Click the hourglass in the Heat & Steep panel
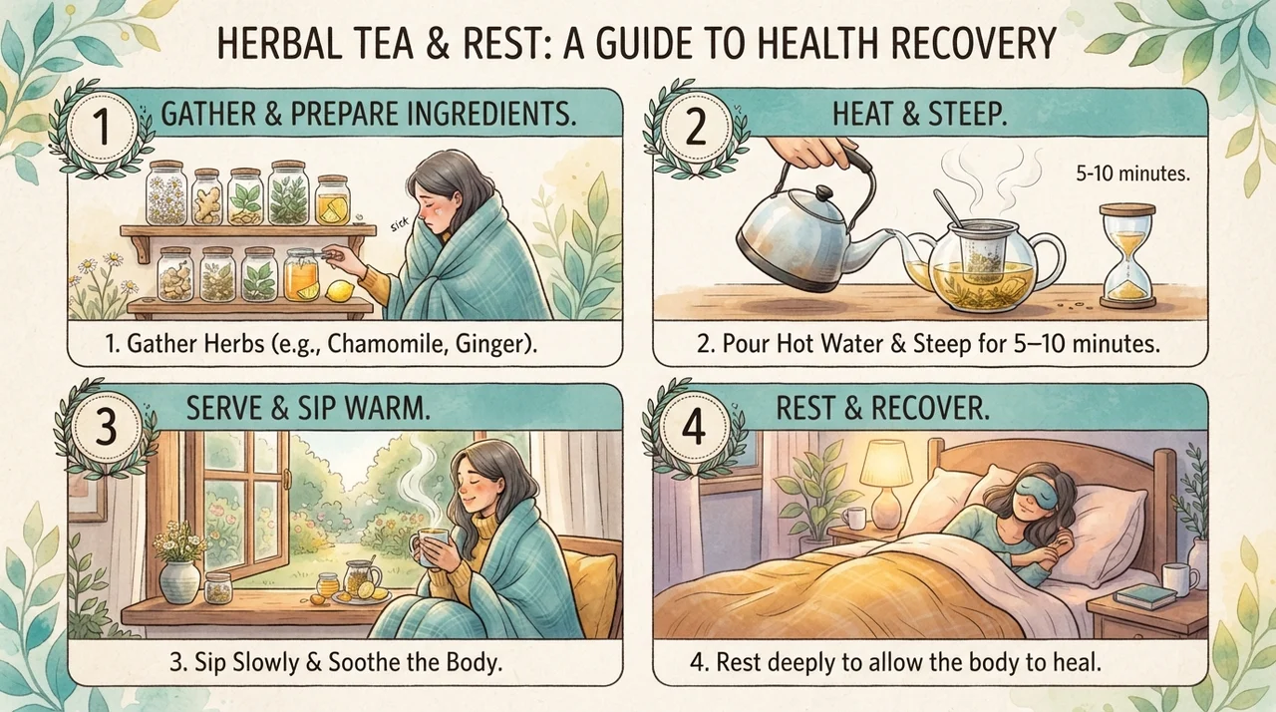(1127, 255)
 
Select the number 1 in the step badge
(103, 128)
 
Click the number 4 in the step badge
(693, 426)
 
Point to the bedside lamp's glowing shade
(889, 465)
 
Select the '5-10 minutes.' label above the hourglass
(1133, 174)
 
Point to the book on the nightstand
(1145, 596)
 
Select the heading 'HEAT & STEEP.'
(919, 115)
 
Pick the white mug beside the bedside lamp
(853, 518)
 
